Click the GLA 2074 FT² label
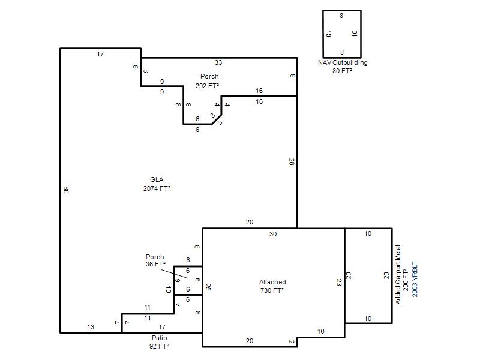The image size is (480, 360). click(x=157, y=184)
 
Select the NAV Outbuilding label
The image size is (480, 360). click(x=343, y=62)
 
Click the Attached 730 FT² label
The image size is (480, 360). click(x=272, y=286)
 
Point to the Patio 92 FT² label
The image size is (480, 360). click(x=159, y=342)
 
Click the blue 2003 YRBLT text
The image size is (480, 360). click(x=415, y=279)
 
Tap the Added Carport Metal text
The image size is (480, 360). click(x=398, y=275)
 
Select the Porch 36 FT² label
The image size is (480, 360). click(x=155, y=260)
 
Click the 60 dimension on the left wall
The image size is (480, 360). click(x=66, y=190)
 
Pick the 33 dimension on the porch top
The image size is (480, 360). click(x=218, y=62)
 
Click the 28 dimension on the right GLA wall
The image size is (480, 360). click(x=291, y=161)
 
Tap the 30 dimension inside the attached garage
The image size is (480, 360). click(x=273, y=234)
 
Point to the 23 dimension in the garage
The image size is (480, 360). click(x=338, y=282)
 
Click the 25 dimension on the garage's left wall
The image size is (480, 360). click(x=208, y=287)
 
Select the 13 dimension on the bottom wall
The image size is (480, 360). click(x=91, y=327)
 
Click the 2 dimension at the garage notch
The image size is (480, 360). click(x=291, y=341)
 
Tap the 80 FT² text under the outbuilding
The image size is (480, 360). click(x=342, y=71)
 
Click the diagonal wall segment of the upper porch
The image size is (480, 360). click(x=217, y=119)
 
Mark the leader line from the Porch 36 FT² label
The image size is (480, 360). click(x=175, y=274)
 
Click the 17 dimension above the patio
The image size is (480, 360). click(x=162, y=327)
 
